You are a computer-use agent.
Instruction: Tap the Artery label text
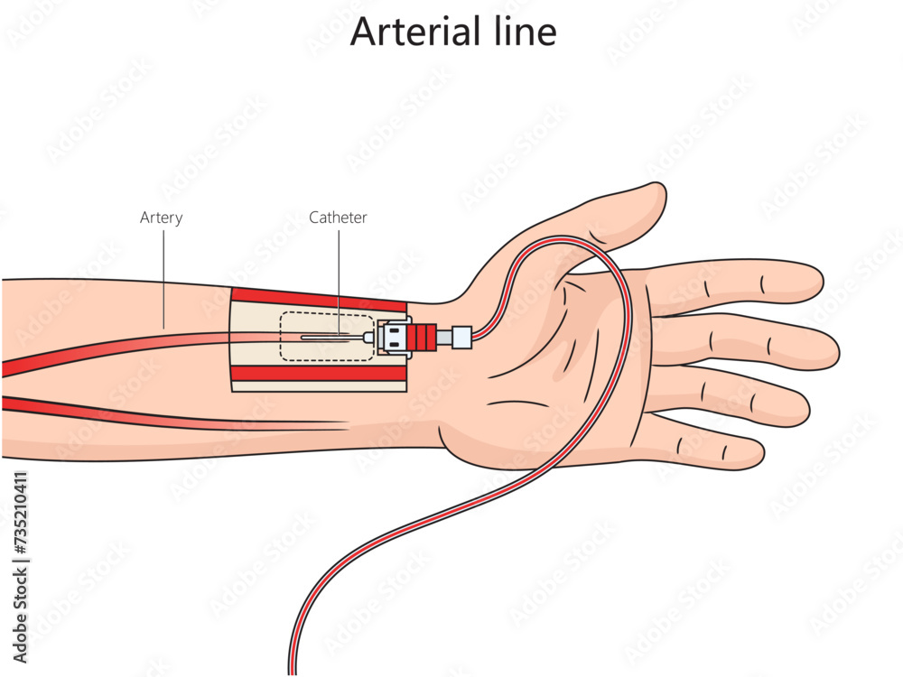pyautogui.click(x=162, y=218)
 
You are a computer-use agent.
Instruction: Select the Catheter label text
pyautogui.click(x=338, y=218)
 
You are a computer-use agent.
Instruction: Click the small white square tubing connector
pyautogui.click(x=461, y=338)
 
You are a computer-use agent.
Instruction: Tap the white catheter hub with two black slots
pyautogui.click(x=396, y=338)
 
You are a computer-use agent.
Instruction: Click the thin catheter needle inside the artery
pyautogui.click(x=330, y=338)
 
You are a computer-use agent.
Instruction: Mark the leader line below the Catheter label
pyautogui.click(x=339, y=280)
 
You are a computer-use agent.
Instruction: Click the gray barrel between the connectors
pyautogui.click(x=443, y=338)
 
